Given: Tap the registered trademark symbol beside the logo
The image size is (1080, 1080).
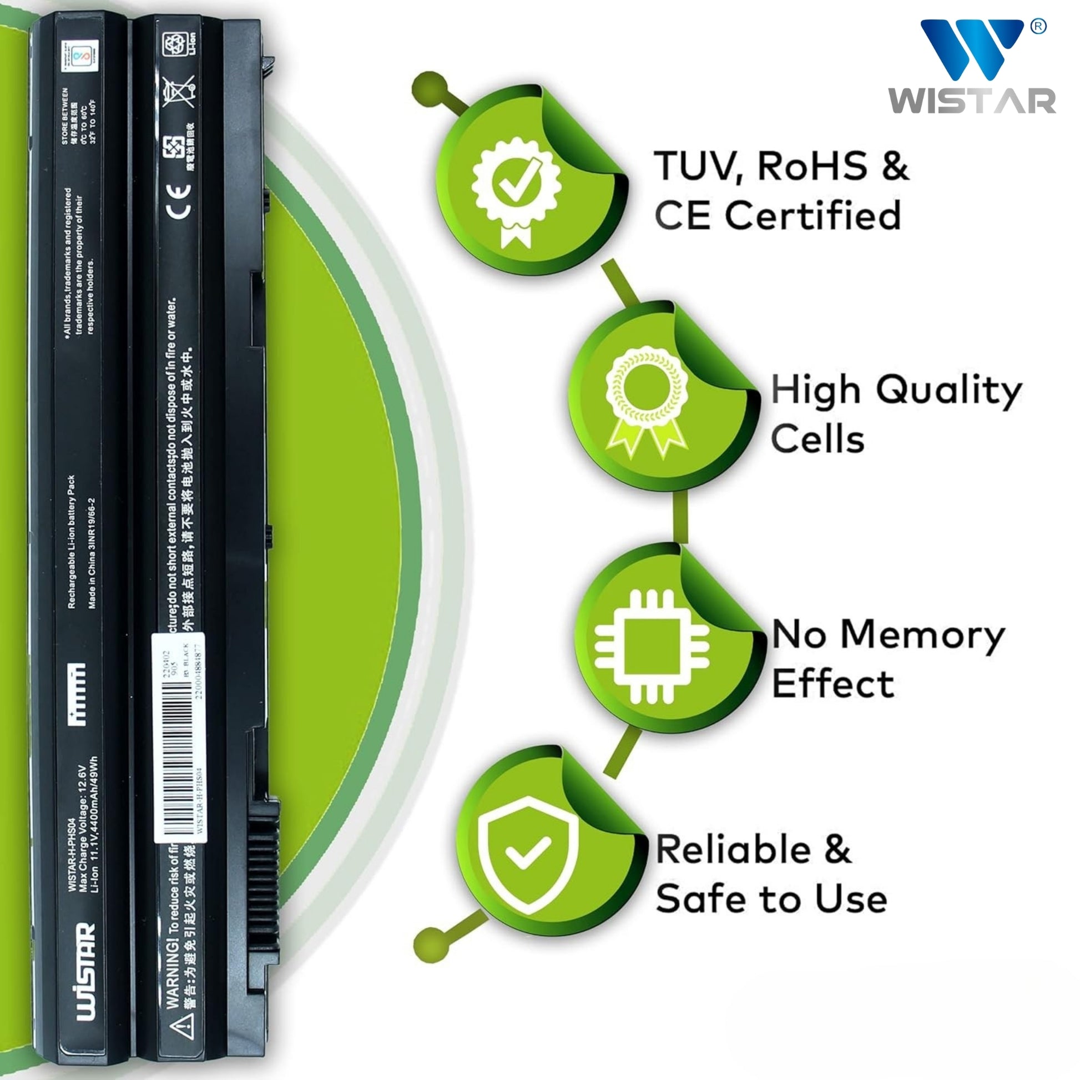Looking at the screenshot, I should tap(1037, 27).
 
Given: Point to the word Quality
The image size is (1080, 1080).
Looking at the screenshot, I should tap(949, 391).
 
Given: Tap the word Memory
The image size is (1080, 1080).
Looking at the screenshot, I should tap(922, 636).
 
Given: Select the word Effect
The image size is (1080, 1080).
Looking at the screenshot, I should tap(833, 684).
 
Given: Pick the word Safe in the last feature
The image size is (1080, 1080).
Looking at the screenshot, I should tap(701, 899).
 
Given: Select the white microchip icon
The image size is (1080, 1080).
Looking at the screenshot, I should tap(652, 647).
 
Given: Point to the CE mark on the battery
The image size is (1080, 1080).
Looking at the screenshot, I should tap(180, 202).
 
